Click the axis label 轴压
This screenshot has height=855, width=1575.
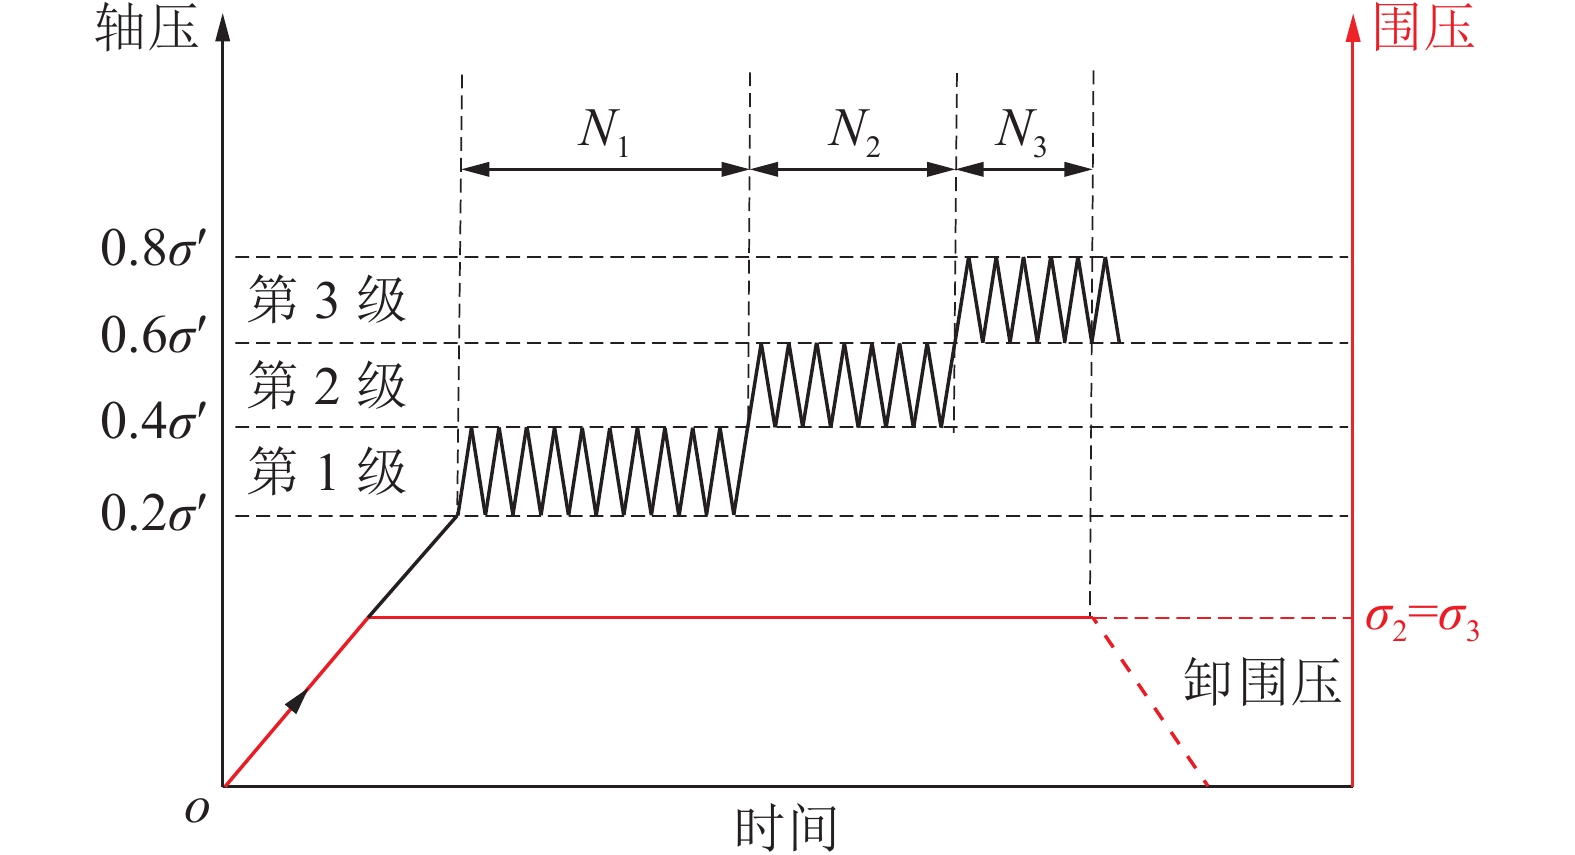[x=146, y=28]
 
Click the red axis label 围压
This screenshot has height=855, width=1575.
[x=1423, y=27]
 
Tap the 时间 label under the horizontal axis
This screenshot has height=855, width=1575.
[x=785, y=829]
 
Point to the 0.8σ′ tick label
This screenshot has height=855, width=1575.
[x=153, y=248]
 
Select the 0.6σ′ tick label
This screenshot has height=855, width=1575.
[x=153, y=335]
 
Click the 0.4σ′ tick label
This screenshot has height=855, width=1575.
[x=153, y=421]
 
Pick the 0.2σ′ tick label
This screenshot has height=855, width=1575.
[x=153, y=513]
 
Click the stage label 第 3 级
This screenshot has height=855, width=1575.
[x=326, y=300]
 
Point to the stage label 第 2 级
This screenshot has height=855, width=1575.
[x=326, y=386]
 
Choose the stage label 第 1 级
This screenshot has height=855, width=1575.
[x=326, y=472]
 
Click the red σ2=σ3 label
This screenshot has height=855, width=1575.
[x=1422, y=620]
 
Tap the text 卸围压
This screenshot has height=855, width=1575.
[x=1262, y=683]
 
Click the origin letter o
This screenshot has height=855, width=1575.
[x=197, y=809]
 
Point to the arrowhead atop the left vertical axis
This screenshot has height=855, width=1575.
[x=223, y=27]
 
